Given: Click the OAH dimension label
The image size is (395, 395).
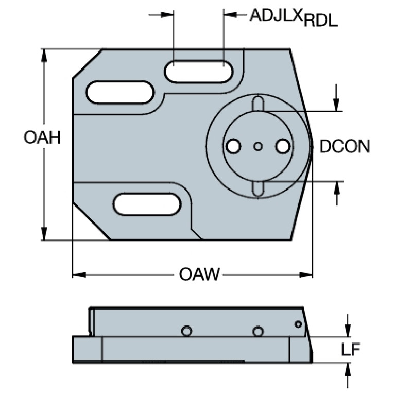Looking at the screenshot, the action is [x=42, y=138].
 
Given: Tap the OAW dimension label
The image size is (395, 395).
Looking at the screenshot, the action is [x=199, y=274].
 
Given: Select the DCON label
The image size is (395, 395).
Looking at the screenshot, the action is [x=345, y=146].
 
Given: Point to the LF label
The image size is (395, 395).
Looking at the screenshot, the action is [x=350, y=349].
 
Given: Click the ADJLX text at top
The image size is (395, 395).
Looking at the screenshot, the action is [x=276, y=15].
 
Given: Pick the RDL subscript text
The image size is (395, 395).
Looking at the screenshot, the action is [x=320, y=21].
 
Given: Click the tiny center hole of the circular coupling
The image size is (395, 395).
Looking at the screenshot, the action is [x=258, y=146].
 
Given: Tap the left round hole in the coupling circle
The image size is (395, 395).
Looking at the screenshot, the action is [x=233, y=146].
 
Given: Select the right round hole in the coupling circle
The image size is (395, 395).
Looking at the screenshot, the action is [x=283, y=146].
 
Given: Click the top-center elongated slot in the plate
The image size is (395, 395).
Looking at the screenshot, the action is [x=198, y=72].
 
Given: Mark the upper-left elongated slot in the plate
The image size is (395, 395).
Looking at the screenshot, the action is [x=120, y=93].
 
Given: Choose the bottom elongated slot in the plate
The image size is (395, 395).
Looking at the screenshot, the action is [x=147, y=204].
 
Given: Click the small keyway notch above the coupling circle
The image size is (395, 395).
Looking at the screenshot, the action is [x=258, y=104].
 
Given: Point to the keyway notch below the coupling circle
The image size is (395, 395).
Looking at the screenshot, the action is [x=258, y=188].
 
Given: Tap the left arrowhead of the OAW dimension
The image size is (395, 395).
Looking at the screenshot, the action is [x=79, y=274].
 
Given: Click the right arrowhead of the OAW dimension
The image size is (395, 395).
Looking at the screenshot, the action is [x=306, y=274].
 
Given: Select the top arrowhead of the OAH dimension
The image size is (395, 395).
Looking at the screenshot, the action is [x=44, y=55].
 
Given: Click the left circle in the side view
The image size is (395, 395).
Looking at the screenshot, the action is [x=186, y=331].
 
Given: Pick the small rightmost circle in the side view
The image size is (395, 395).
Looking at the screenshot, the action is [x=299, y=324].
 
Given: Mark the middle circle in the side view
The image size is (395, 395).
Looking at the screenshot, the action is [x=258, y=331].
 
